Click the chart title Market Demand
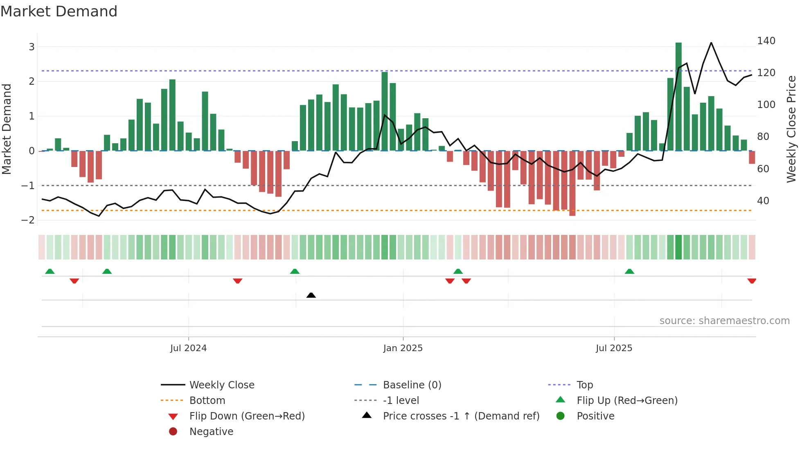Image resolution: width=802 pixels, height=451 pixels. pos(59,11)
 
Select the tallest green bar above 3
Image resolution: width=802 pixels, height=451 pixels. pos(678,96)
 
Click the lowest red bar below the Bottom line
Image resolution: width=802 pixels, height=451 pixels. pos(572,183)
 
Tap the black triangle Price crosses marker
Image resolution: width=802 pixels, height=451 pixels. pos(311,295)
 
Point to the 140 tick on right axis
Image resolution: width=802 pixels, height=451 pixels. pos(766,41)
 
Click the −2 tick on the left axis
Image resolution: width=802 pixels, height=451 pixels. pos(28,220)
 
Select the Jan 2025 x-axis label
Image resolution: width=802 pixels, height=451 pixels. pos(403,348)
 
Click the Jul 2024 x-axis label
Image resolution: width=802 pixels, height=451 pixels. pos(188,348)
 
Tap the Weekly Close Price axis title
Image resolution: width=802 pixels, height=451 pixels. pos(791,129)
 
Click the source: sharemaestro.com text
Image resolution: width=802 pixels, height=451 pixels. pos(724,321)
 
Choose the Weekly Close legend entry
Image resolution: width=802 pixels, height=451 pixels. pos(221,385)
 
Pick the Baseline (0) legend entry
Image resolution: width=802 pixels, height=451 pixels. pos(412,385)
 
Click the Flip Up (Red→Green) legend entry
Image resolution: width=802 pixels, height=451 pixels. pos(627,401)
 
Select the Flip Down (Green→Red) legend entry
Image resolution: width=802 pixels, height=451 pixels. pos(247,416)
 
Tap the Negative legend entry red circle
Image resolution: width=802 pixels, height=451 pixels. pos(173,432)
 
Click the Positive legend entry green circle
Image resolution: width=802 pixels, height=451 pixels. pos(561,416)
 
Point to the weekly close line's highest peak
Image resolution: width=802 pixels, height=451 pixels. pos(711,43)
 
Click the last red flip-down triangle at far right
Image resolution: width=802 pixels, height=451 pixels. pos(752,281)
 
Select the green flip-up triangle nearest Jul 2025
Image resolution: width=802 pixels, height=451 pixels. pos(629,271)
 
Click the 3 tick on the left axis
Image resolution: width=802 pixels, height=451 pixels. pos(32,47)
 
